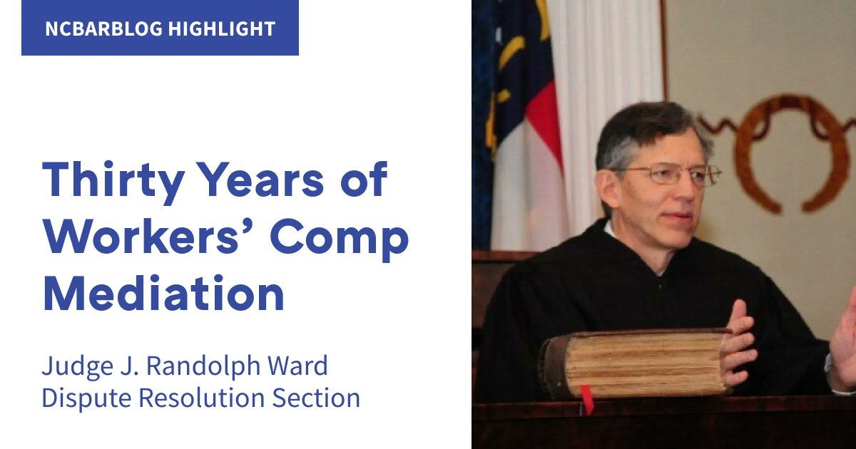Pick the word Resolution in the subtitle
coord(208,398)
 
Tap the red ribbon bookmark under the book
coord(587,399)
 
